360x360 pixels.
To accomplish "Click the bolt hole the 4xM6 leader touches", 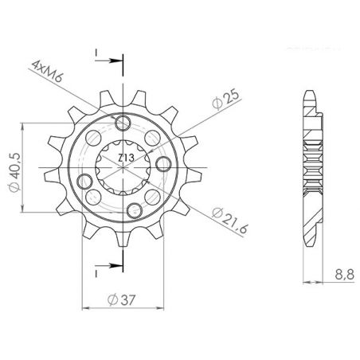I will point(123,123).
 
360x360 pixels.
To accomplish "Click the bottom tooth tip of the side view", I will point(313,240).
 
